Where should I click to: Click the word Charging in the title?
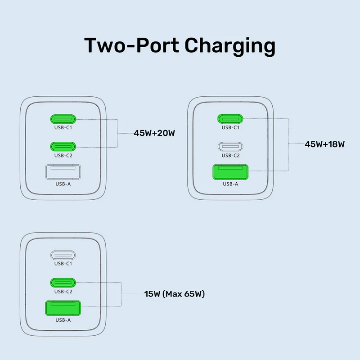coord(229,46)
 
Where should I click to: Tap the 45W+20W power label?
coord(154,133)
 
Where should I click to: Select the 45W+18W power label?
coord(324,144)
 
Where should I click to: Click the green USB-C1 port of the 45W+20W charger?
coord(63,119)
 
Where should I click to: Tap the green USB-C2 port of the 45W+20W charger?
coord(63,146)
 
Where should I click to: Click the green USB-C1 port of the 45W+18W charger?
coord(230,119)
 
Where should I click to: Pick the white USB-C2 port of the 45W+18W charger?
coord(230,146)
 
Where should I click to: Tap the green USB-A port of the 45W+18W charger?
coord(230,173)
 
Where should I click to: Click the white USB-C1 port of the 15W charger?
coord(63,255)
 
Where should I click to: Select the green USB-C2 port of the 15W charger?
coord(63,282)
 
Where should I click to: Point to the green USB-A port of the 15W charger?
coord(63,308)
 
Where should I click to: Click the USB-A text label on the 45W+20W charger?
coord(63,184)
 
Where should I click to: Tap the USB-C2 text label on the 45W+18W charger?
coord(230,155)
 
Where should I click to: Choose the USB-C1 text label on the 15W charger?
coord(63,264)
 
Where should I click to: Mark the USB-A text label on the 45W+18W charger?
coord(230,184)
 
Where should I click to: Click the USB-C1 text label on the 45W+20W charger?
coord(63,128)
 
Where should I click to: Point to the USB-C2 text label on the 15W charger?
coord(63,291)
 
